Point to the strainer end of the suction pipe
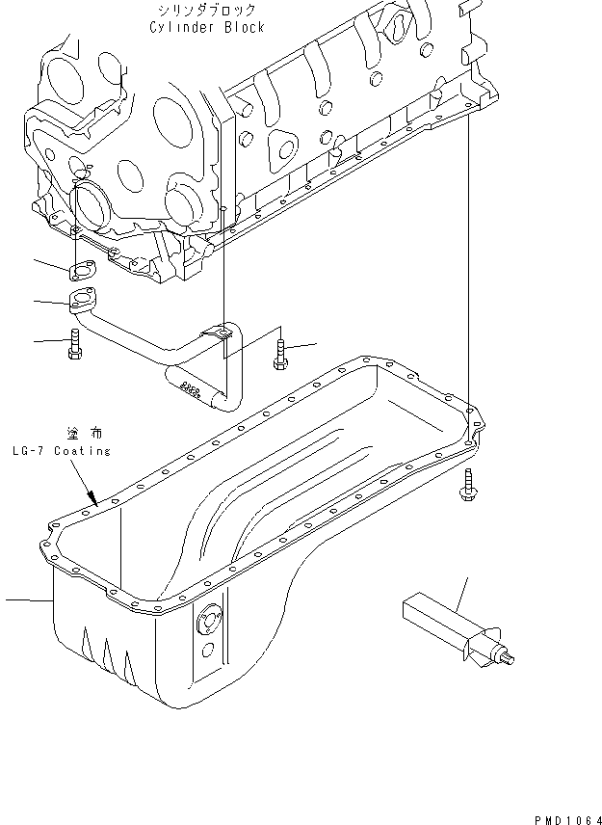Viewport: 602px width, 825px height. pyautogui.click(x=184, y=387)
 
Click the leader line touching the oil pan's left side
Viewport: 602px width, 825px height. pyautogui.click(x=27, y=600)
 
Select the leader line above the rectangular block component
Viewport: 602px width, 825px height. pyautogui.click(x=462, y=595)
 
